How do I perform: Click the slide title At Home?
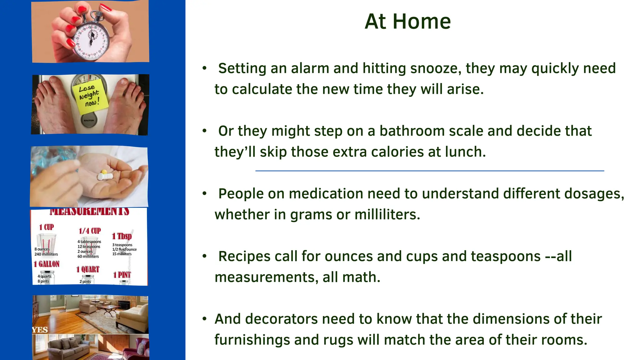(407, 22)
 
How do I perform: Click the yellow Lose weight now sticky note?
(90, 96)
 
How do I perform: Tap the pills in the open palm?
(104, 175)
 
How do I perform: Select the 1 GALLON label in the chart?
(47, 264)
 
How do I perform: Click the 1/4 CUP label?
(90, 231)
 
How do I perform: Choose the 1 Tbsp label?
(122, 236)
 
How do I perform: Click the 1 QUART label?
(88, 269)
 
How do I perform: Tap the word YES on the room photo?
(40, 330)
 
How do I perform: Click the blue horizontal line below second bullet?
(429, 171)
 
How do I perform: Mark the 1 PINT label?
(122, 275)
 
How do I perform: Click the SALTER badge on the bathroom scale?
(89, 120)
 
